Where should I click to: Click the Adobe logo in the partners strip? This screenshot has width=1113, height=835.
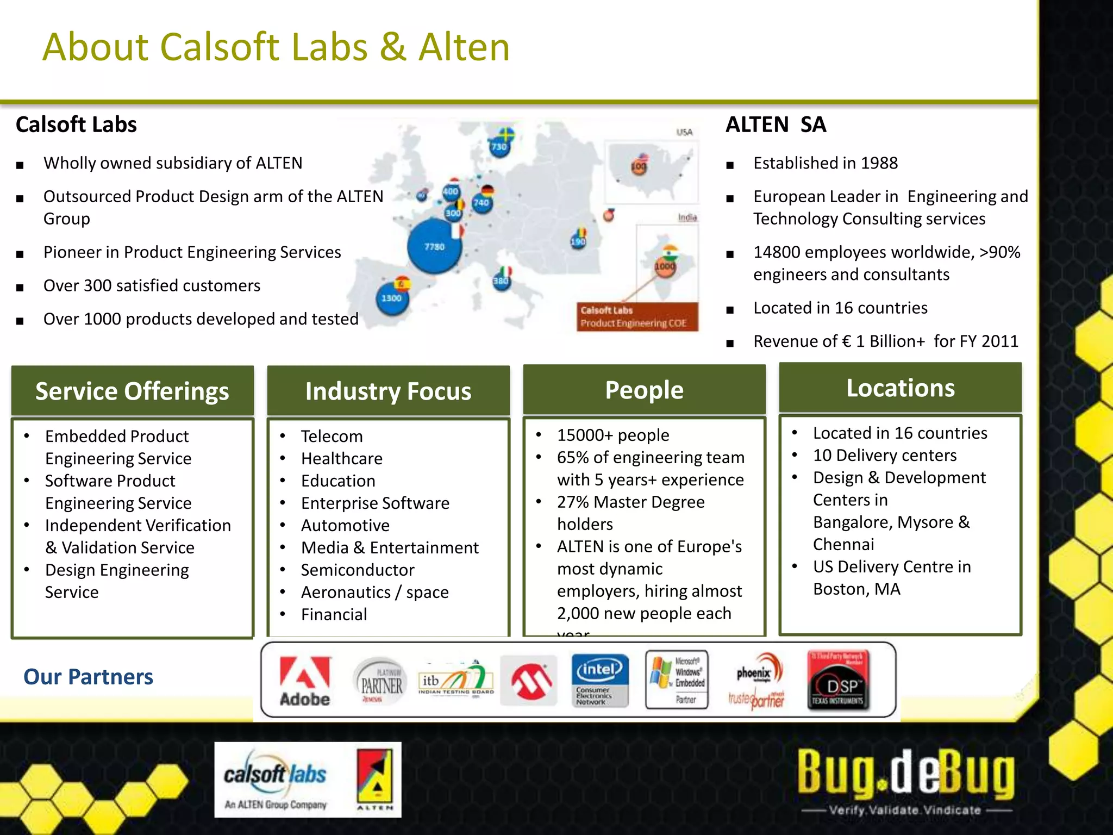pyautogui.click(x=304, y=681)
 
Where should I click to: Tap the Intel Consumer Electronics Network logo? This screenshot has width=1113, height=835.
pyautogui.click(x=599, y=680)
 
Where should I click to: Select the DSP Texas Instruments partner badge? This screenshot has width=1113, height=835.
pyautogui.click(x=839, y=680)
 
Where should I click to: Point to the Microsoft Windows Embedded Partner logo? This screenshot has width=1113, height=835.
pyautogui.click(x=677, y=680)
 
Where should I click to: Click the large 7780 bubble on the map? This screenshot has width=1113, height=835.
pyautogui.click(x=434, y=247)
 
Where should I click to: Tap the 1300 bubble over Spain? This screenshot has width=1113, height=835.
pyautogui.click(x=392, y=298)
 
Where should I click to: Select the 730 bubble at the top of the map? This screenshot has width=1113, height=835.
pyautogui.click(x=499, y=146)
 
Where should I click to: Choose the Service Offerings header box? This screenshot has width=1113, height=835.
pyautogui.click(x=132, y=391)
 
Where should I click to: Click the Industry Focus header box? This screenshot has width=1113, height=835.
pyautogui.click(x=388, y=391)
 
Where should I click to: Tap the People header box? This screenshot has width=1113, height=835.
pyautogui.click(x=644, y=390)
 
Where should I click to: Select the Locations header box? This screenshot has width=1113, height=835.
pyautogui.click(x=900, y=388)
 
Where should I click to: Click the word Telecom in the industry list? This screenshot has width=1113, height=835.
pyautogui.click(x=332, y=436)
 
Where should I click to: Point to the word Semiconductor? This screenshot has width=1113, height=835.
pyautogui.click(x=358, y=570)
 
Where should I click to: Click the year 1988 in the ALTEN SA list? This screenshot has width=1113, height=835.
pyautogui.click(x=879, y=163)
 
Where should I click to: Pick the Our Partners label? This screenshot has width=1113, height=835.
pyautogui.click(x=88, y=677)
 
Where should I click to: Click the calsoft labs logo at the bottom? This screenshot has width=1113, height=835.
pyautogui.click(x=276, y=779)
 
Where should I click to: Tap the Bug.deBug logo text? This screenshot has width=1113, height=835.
pyautogui.click(x=905, y=772)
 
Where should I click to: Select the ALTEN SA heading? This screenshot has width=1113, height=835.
pyautogui.click(x=776, y=124)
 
